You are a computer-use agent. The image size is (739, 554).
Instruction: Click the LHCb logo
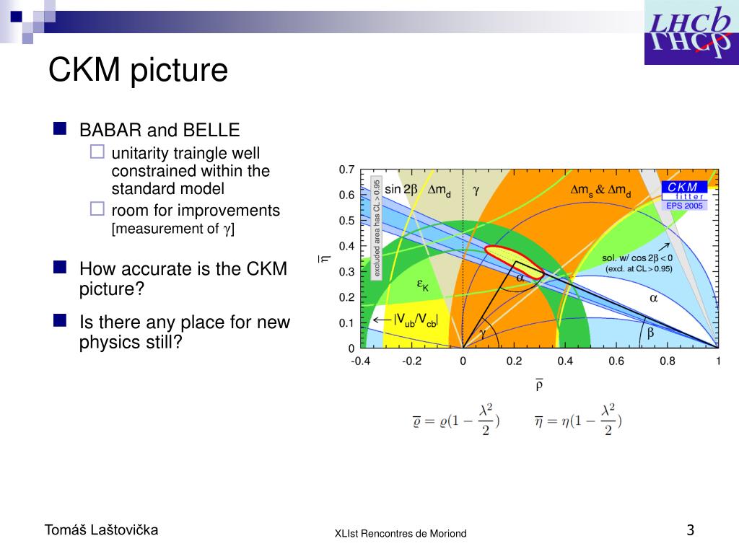pos(691,32)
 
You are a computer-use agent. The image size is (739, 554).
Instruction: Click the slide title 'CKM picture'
pos(138,70)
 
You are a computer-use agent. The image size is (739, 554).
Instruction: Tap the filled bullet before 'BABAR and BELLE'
pos(60,128)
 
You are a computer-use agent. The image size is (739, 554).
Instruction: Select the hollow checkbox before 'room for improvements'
pos(97,208)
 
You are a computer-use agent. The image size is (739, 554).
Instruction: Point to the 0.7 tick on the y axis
pos(346,170)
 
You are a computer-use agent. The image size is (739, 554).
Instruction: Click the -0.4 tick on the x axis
pos(361,361)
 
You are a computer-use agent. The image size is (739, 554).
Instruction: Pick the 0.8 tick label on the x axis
pos(668,361)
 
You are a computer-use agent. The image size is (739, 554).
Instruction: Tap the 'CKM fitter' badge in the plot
pos(684,190)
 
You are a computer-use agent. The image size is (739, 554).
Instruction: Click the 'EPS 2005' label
pos(684,206)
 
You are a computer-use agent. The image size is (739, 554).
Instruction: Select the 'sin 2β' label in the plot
pos(401,190)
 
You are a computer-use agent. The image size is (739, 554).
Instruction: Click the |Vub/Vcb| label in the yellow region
pos(416,320)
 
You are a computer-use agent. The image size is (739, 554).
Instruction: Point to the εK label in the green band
pos(423,285)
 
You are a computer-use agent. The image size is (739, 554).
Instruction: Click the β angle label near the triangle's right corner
pos(650,333)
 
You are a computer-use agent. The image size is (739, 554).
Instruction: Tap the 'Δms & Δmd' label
pos(600,190)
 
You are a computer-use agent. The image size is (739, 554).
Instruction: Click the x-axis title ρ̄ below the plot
pos(539,385)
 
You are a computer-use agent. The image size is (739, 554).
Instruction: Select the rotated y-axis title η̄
pos(325,258)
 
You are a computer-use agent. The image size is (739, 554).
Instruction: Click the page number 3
pos(691,530)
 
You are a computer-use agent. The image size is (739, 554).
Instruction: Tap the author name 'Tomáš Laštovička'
pos(101,530)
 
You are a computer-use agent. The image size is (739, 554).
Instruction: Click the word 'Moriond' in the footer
pos(447,534)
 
